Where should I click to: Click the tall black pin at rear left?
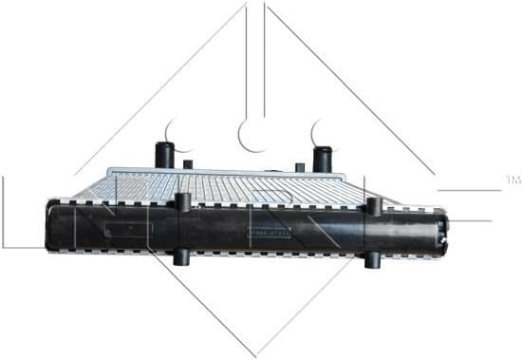coord(164,155)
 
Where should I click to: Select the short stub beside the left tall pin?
coord(188,164)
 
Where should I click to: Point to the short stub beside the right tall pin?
coord(300,167)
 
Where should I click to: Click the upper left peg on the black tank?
coord(183,202)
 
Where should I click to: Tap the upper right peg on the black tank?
coord(374,206)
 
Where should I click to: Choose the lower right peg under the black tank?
coord(373,258)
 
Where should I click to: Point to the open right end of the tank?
coord(440,230)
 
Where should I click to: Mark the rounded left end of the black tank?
coord(49,228)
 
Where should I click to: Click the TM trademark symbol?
coord(513,179)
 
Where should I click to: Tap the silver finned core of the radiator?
coord(237,187)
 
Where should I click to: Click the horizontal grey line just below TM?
coord(465,190)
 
